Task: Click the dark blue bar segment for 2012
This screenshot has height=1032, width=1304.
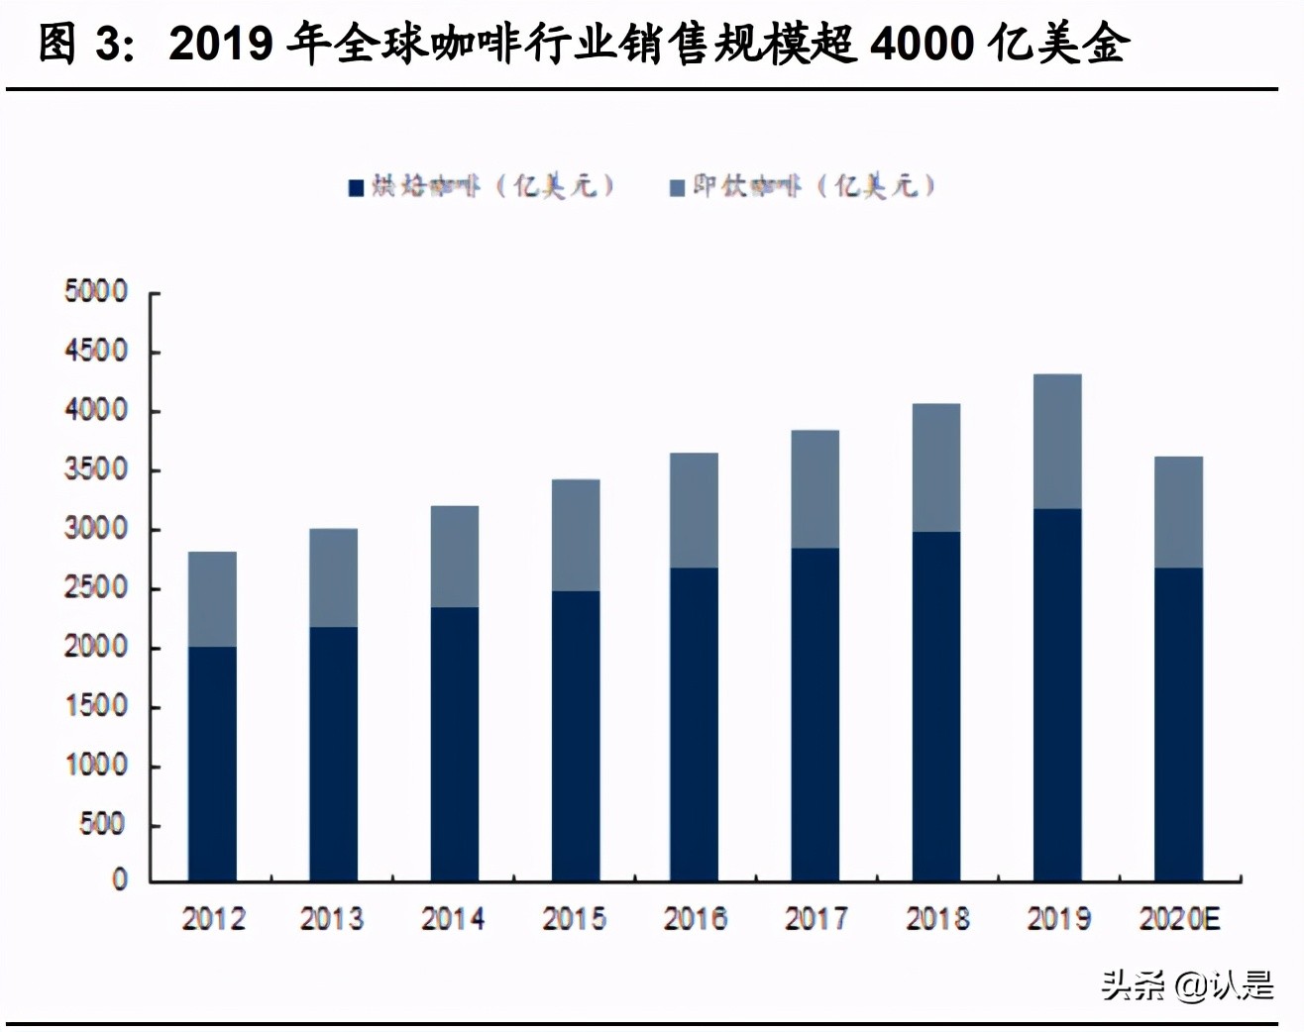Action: pyautogui.click(x=212, y=764)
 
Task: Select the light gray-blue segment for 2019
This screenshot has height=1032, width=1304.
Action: pyautogui.click(x=1057, y=442)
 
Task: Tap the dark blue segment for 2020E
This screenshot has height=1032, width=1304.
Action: pyautogui.click(x=1178, y=724)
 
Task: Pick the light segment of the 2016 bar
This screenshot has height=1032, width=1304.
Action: pyautogui.click(x=694, y=510)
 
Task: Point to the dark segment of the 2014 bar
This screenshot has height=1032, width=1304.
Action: pyautogui.click(x=454, y=744)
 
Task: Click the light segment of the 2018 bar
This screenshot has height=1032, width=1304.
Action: pyautogui.click(x=935, y=467)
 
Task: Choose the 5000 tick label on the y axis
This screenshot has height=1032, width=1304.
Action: pyautogui.click(x=96, y=292)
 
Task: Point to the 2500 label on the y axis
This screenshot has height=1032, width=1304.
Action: pyautogui.click(x=96, y=587)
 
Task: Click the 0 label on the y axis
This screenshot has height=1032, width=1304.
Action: pyautogui.click(x=119, y=879)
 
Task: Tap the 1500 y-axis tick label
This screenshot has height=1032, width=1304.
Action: pyautogui.click(x=96, y=706)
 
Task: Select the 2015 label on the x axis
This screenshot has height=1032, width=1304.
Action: pyautogui.click(x=574, y=919)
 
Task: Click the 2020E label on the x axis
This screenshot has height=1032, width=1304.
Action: pyautogui.click(x=1179, y=919)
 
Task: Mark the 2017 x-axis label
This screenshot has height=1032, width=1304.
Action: pyautogui.click(x=815, y=919)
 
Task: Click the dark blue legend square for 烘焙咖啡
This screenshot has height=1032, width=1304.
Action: pyautogui.click(x=357, y=187)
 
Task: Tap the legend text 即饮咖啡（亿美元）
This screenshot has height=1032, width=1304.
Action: pyautogui.click(x=814, y=185)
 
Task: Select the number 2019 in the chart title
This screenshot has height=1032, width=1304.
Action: pyautogui.click(x=221, y=45)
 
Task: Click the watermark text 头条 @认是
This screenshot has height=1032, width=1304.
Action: pyautogui.click(x=1187, y=984)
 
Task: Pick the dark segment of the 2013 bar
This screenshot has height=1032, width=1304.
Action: pyautogui.click(x=333, y=754)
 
